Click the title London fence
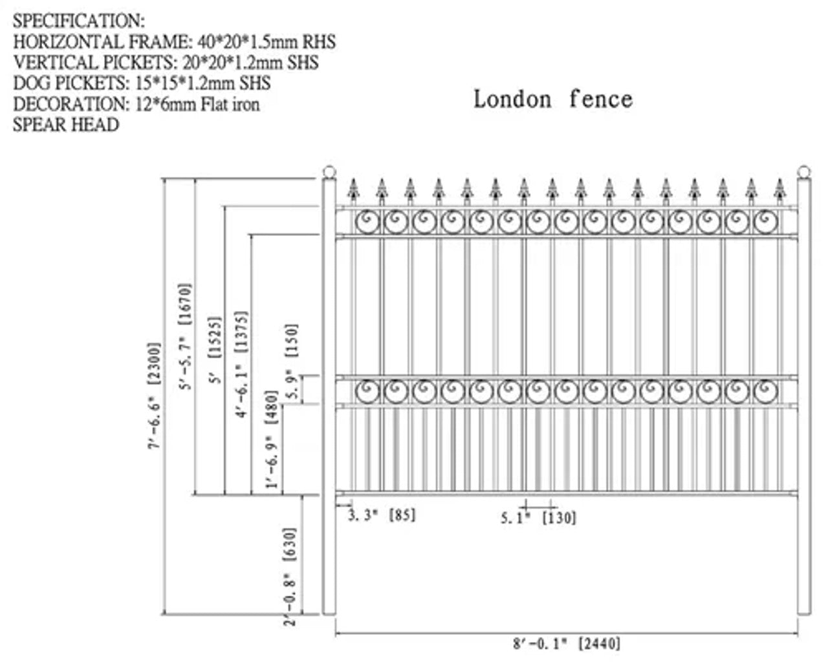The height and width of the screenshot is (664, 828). (552, 100)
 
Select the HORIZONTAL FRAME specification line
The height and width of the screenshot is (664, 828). (175, 43)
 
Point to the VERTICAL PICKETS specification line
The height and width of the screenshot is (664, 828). (166, 63)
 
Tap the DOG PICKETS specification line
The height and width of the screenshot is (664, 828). (142, 83)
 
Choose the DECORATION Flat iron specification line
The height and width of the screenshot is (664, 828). (136, 103)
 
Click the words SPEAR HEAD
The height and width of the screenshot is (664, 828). (66, 124)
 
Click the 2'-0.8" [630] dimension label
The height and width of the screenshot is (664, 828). (290, 575)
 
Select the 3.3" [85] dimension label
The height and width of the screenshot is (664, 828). (382, 515)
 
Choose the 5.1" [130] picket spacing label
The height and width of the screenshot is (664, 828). (538, 517)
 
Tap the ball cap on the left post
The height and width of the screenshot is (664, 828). (329, 173)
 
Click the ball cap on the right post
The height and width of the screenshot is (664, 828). (804, 172)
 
